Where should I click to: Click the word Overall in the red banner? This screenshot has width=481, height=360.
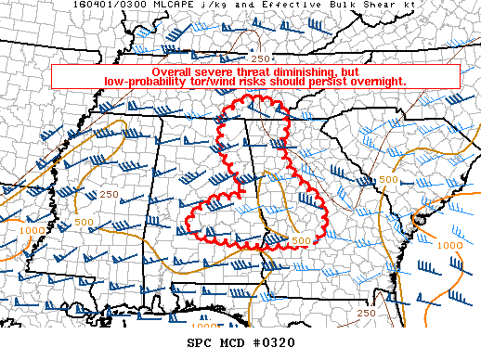[x=173, y=72]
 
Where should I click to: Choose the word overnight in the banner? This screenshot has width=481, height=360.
[x=373, y=83]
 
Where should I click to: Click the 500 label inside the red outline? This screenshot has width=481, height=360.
[x=300, y=241]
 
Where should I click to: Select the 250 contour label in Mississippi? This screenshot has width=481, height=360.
[x=109, y=194]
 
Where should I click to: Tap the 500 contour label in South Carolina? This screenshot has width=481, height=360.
[x=389, y=178]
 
